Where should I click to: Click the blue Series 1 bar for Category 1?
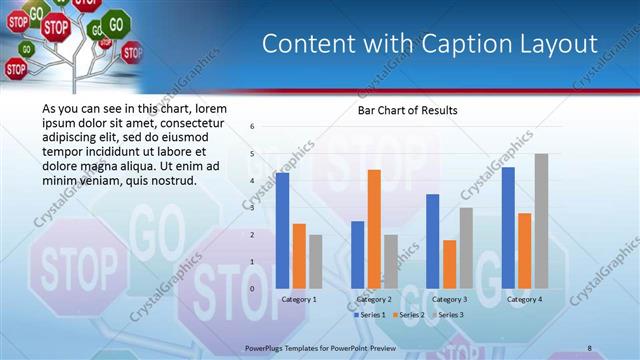(x=283, y=231)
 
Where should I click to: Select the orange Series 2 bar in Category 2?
(x=374, y=229)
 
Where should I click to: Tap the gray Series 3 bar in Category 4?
(x=541, y=221)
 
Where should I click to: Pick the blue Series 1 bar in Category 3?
(x=432, y=241)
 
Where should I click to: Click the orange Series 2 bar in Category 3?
(x=449, y=264)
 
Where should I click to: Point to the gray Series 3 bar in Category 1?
(x=316, y=262)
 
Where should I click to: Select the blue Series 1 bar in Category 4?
(x=508, y=228)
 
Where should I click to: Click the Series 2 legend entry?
(x=411, y=315)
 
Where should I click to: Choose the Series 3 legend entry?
(x=450, y=315)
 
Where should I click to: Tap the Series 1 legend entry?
(x=371, y=315)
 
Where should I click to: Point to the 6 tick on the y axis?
(x=252, y=126)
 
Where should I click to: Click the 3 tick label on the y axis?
(x=252, y=208)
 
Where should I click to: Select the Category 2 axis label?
(x=375, y=299)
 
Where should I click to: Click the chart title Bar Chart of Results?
(x=408, y=110)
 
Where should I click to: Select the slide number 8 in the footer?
(x=590, y=346)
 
